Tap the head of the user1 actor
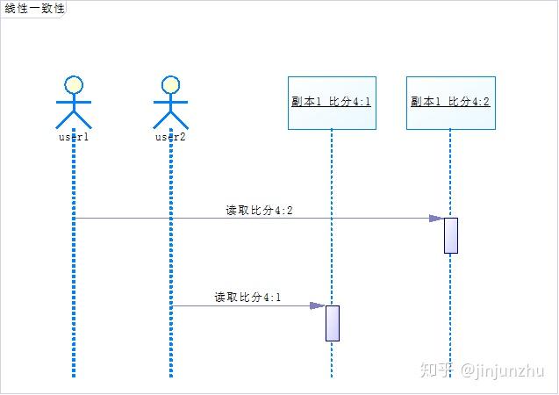click(x=74, y=85)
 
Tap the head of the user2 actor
click(x=171, y=85)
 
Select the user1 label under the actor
click(x=74, y=137)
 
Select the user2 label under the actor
click(x=171, y=137)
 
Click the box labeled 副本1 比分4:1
click(x=332, y=102)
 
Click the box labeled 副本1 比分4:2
click(x=450, y=102)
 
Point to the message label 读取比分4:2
click(x=259, y=210)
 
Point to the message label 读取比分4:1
click(x=247, y=298)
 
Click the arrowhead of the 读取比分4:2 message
click(x=436, y=218)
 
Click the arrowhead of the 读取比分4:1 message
click(x=318, y=305)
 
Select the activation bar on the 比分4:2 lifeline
click(x=451, y=235)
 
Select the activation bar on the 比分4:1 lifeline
click(x=333, y=323)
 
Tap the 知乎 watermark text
click(x=436, y=370)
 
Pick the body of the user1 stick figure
click(x=74, y=110)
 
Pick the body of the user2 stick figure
click(x=171, y=110)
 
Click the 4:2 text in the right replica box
click(x=481, y=102)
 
